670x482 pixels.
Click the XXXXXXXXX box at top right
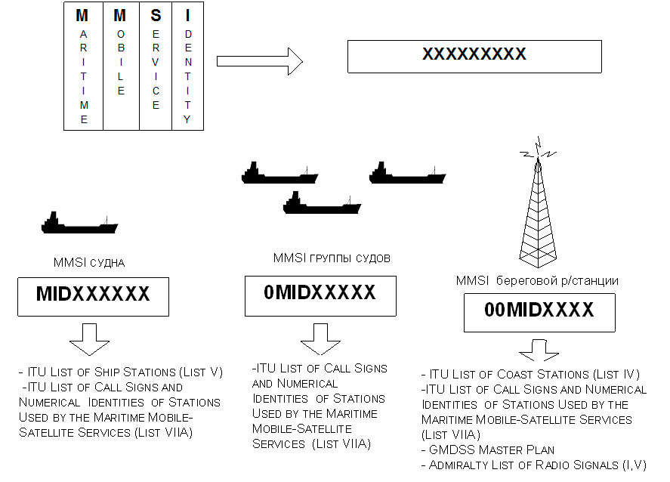tap(474, 56)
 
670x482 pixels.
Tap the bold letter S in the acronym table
tap(156, 15)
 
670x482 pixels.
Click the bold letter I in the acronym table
tap(188, 15)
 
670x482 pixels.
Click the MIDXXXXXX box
tap(93, 295)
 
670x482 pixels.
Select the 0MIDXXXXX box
tap(320, 294)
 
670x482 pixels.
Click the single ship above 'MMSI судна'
tap(79, 223)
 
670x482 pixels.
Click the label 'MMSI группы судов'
tap(332, 258)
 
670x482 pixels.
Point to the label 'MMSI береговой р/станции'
tap(537, 280)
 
